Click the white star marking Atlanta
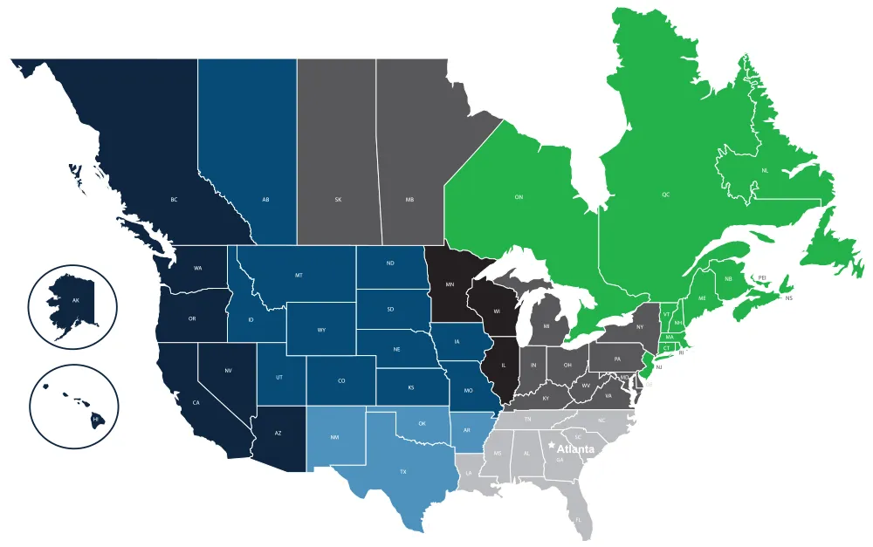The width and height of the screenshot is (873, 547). pos(551,445)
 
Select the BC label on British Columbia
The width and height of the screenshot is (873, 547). pos(175,200)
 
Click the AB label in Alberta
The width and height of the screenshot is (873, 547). pos(265,200)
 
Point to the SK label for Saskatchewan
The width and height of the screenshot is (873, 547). pos(338,200)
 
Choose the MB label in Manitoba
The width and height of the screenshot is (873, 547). pos(409,200)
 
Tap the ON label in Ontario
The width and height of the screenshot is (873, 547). pos(519,197)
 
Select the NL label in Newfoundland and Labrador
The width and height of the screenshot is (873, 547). pos(764,170)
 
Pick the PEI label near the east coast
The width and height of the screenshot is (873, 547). pos(762,277)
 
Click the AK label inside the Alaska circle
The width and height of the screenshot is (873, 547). pos(76,301)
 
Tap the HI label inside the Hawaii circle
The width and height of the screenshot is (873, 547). pos(95,420)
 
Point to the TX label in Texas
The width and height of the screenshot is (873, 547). pos(403,471)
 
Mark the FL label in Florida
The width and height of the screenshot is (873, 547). pos(578,520)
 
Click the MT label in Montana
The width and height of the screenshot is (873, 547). pos(299,276)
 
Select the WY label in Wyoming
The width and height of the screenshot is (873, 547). pos(322,330)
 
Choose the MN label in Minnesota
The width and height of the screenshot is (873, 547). pos(450,284)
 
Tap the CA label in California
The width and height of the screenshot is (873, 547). pos(196,402)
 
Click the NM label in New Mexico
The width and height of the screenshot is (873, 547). pos(335,437)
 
